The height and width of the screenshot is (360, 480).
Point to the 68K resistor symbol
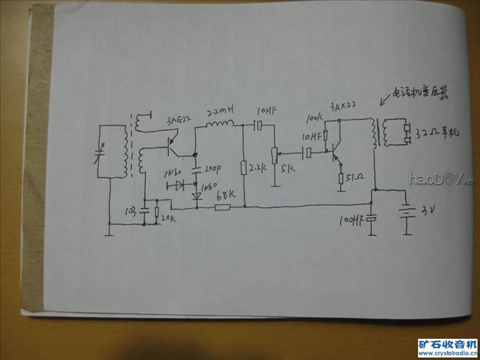(223, 207)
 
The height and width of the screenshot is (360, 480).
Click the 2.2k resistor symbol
(244, 168)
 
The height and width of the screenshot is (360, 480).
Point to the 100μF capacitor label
(351, 221)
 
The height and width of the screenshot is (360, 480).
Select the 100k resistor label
(313, 116)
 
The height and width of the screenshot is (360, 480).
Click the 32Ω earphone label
(438, 132)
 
